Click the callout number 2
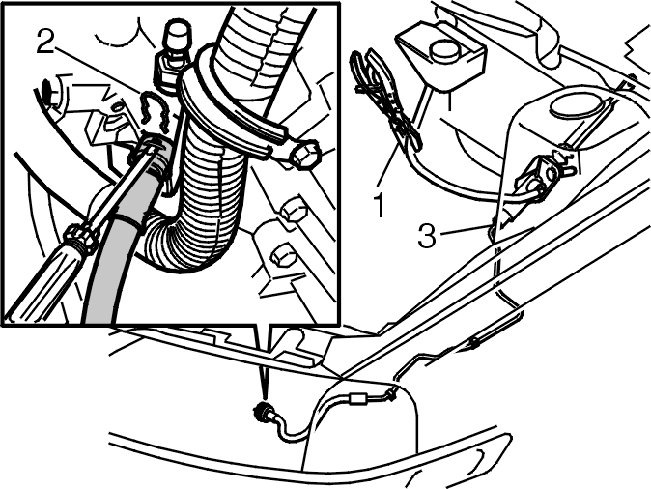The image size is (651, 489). (x=45, y=42)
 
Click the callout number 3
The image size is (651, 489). (x=427, y=236)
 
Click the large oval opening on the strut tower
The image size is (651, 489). (x=576, y=105)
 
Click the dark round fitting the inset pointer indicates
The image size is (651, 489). (x=261, y=412)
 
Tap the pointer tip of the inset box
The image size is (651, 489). (x=265, y=400)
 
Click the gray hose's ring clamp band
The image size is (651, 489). (x=129, y=218)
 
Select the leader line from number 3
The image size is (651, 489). (x=465, y=231)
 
